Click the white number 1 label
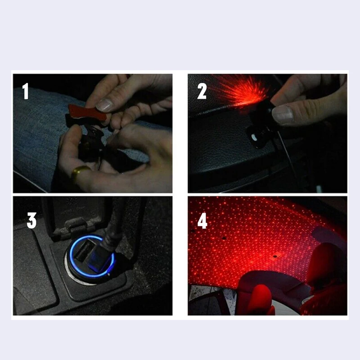[x=26, y=92]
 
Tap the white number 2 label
[x=202, y=91]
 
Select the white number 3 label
[x=31, y=220]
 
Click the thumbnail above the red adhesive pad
[x=105, y=105]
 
